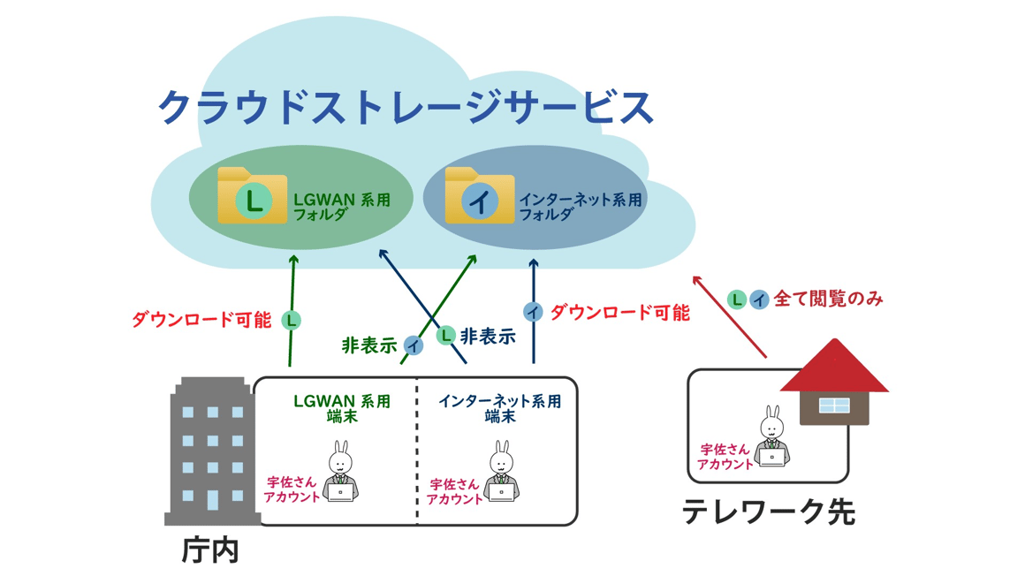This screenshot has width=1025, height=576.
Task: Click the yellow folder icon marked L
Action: (252, 196)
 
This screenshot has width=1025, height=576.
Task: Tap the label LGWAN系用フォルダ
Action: (341, 207)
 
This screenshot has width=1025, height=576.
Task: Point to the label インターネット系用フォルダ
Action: (580, 207)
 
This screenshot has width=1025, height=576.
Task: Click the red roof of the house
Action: (833, 368)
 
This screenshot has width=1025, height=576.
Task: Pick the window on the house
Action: (833, 405)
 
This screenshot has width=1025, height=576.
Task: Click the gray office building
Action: (212, 451)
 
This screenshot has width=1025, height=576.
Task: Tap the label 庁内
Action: (210, 550)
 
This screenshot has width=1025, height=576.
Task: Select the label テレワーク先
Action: (768, 512)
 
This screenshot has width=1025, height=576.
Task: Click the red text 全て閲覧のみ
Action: (828, 299)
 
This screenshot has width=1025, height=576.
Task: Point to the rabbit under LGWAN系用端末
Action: (340, 473)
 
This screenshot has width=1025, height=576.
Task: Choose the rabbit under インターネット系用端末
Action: (501, 473)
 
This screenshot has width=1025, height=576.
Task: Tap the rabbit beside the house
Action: (771, 437)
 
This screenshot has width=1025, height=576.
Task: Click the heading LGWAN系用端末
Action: (341, 408)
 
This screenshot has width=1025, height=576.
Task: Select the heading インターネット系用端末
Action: (499, 408)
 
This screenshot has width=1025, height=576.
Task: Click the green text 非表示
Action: (369, 345)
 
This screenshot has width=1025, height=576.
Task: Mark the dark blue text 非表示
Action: (488, 337)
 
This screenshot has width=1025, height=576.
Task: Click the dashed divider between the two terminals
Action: (417, 451)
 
